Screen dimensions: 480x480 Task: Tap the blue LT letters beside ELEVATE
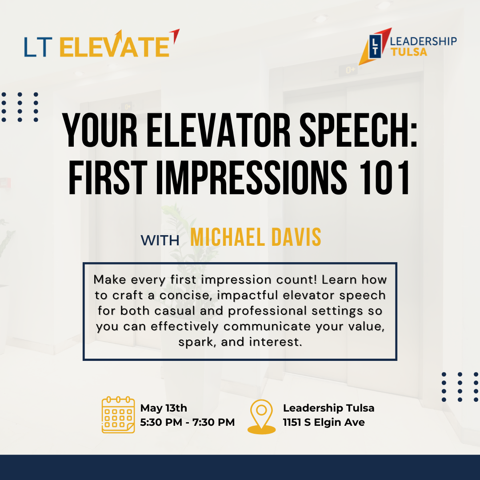coord(38,47)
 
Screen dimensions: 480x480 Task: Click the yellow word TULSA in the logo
coord(409,52)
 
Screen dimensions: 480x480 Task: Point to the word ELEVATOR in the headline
coord(218,130)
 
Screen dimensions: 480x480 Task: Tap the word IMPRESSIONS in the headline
coord(251,177)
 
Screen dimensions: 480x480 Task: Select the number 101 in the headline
coord(384,177)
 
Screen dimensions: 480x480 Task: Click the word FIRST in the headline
coord(108,177)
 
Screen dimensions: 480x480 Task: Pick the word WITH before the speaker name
coord(160,240)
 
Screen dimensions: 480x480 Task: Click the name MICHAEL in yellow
coord(227,237)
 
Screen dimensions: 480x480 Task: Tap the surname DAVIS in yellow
coord(296,237)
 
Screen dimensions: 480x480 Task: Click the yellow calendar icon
coord(118,415)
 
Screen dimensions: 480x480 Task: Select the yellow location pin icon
coord(261,416)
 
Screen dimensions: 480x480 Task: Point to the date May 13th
coord(164,408)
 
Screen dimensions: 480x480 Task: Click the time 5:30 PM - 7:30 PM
coord(188,422)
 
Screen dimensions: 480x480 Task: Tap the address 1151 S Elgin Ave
coord(324,423)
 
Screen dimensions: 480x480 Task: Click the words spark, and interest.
coord(240,342)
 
